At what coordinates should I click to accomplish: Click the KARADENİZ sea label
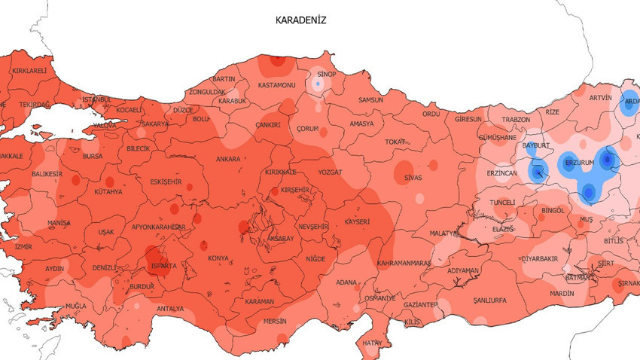click(x=300, y=21)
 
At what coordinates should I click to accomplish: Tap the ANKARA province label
click(x=228, y=160)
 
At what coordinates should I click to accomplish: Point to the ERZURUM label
click(x=579, y=163)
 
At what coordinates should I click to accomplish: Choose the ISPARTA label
click(x=163, y=266)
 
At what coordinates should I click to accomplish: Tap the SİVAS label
click(x=413, y=177)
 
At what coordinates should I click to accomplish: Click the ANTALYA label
click(x=170, y=309)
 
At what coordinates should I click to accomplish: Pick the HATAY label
click(x=372, y=343)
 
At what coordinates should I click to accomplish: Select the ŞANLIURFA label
click(x=491, y=300)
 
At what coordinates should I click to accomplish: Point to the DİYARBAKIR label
click(x=539, y=258)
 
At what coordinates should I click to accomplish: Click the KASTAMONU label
click(x=276, y=86)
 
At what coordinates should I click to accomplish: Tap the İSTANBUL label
click(x=96, y=99)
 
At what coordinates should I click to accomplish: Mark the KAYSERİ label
click(x=358, y=222)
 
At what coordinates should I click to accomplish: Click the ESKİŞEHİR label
click(x=166, y=182)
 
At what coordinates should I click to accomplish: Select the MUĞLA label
click(x=76, y=307)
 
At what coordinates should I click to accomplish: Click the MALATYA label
click(x=444, y=233)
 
